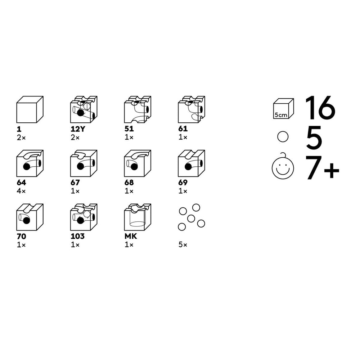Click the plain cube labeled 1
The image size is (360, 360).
tap(30, 109)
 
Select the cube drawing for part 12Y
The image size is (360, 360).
tap(84, 109)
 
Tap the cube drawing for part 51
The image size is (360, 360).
tap(138, 109)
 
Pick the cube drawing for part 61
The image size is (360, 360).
tap(192, 109)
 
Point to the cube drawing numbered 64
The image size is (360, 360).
tap(30, 163)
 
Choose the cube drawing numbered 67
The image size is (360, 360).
tap(84, 163)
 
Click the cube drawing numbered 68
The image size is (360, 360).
tap(138, 163)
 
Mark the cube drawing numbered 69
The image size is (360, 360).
tap(192, 163)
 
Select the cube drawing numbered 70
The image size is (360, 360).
tap(30, 217)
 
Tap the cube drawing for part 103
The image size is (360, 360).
tap(84, 217)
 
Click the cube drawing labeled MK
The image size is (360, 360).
tap(138, 217)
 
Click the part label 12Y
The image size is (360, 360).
tap(78, 129)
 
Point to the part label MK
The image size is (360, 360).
tap(131, 236)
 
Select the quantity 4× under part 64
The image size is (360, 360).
tap(21, 191)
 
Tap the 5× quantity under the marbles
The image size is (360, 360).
tap(183, 245)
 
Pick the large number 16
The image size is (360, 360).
tap(320, 108)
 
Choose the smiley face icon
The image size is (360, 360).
tap(283, 167)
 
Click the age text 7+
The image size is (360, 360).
tap(322, 167)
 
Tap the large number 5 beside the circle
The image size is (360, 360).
tap(314, 137)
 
